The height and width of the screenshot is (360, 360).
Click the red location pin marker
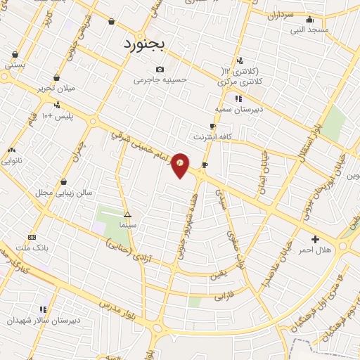pyautogui.click(x=181, y=164)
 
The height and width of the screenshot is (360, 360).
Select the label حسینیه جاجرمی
pyautogui.click(x=162, y=80)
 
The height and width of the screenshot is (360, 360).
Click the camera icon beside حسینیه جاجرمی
pyautogui.click(x=161, y=69)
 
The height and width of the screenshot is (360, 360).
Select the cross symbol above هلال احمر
pyautogui.click(x=314, y=239)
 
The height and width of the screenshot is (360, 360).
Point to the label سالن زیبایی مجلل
pyautogui.click(x=64, y=192)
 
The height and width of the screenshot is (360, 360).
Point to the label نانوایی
pyautogui.click(x=13, y=160)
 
